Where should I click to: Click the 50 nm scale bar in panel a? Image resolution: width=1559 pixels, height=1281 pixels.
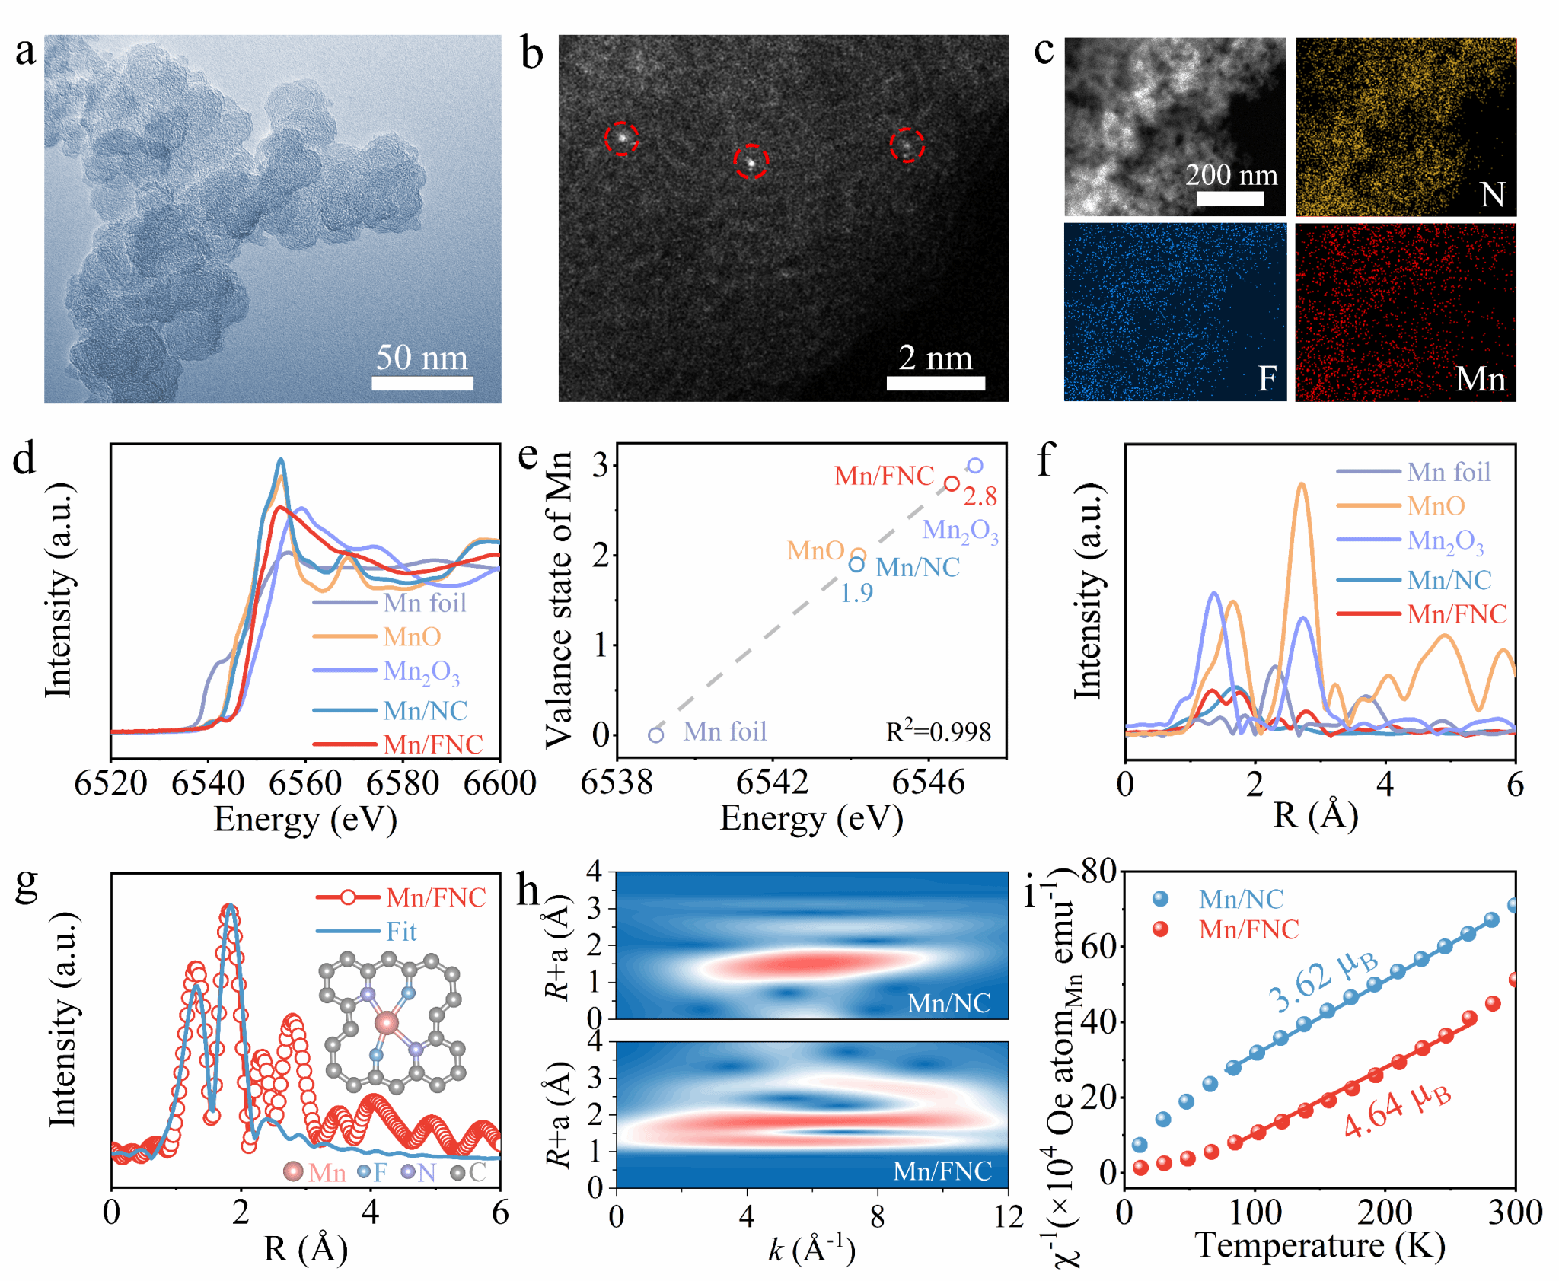[x=422, y=383]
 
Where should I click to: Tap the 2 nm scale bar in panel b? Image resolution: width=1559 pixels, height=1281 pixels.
[x=936, y=383]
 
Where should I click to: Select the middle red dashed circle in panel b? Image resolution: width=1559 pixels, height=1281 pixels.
[x=751, y=161]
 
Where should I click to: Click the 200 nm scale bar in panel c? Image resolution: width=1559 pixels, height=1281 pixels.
[x=1230, y=199]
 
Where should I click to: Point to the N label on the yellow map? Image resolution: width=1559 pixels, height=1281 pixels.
[x=1492, y=194]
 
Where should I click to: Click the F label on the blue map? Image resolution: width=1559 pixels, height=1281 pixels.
[x=1267, y=378]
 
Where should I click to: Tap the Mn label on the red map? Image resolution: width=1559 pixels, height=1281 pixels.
[x=1480, y=378]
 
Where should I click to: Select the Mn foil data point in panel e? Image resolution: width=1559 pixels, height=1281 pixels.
[x=656, y=734]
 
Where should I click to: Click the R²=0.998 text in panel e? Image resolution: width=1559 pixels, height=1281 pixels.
[x=938, y=732]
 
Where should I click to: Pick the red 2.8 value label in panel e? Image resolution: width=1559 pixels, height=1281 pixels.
[x=980, y=497]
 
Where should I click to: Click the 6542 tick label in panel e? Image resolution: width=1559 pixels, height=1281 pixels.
[x=772, y=782]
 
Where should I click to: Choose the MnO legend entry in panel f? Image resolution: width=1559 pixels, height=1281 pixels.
[x=1436, y=506]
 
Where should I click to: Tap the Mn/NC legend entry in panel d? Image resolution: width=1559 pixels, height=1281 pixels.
[x=425, y=711]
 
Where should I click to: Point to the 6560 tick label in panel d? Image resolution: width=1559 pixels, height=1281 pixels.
[x=305, y=782]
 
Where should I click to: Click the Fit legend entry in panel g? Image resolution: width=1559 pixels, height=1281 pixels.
[x=401, y=932]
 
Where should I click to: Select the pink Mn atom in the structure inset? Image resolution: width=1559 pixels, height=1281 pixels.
[x=387, y=1021]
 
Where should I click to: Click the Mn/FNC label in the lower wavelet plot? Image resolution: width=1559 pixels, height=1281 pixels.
[x=942, y=1171]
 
